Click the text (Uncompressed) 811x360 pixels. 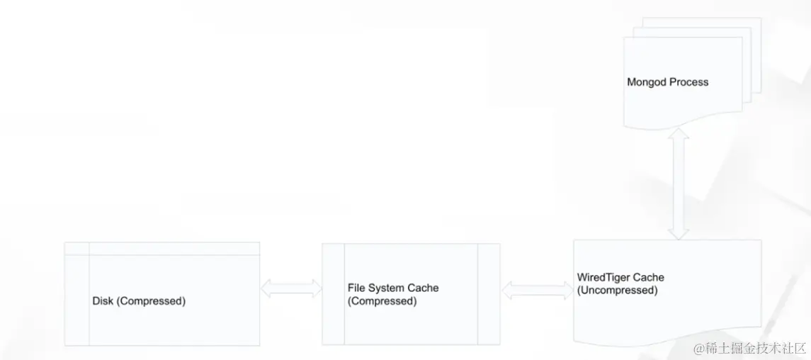tap(618, 290)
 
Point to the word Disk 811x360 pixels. tap(103, 300)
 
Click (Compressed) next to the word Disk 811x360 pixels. tap(151, 301)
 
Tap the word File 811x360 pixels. tap(356, 288)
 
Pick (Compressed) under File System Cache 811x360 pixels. tap(382, 301)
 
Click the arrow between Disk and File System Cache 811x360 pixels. tap(291, 288)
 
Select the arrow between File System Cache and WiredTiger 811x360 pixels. tap(538, 290)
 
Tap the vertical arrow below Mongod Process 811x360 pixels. tap(678, 184)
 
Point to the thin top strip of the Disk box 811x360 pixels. tap(162, 248)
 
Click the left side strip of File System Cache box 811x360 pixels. tap(333, 294)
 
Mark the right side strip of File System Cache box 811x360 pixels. tap(489, 294)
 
